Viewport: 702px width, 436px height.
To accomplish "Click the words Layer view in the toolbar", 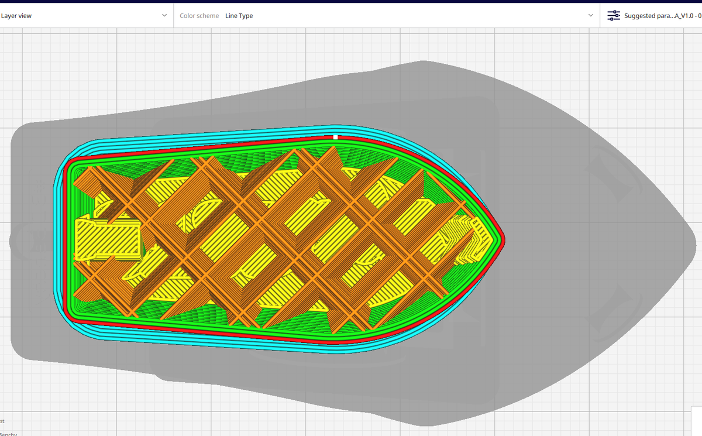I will pyautogui.click(x=16, y=16).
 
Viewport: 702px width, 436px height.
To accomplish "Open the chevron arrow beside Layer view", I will pyautogui.click(x=164, y=16).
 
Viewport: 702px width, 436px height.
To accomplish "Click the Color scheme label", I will pyautogui.click(x=199, y=16).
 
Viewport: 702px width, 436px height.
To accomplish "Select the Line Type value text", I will pyautogui.click(x=239, y=16).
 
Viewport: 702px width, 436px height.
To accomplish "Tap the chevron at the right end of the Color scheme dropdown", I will pyautogui.click(x=590, y=16).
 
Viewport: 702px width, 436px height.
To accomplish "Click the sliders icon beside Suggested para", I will pyautogui.click(x=614, y=16).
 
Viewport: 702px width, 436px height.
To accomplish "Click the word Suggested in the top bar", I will pyautogui.click(x=639, y=16).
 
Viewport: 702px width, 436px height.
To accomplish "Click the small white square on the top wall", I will pyautogui.click(x=335, y=137).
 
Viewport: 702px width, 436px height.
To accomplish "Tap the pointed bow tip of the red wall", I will pyautogui.click(x=502, y=239).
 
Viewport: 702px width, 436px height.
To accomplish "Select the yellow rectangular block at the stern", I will pyautogui.click(x=109, y=239).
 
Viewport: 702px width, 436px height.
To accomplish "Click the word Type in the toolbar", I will pyautogui.click(x=246, y=16).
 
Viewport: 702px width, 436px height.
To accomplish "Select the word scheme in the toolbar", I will pyautogui.click(x=208, y=16).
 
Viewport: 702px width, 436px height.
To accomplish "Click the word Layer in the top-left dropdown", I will pyautogui.click(x=9, y=16).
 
